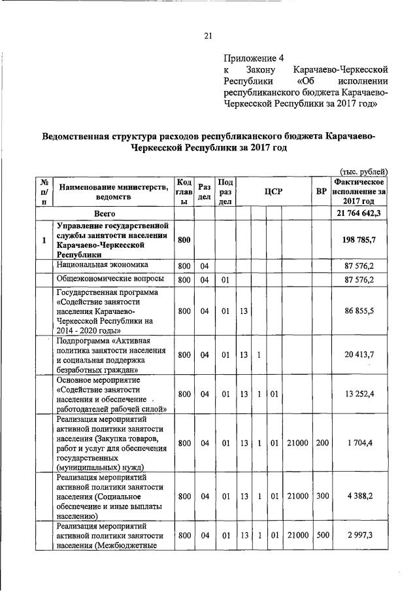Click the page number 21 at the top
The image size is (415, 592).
[x=207, y=35]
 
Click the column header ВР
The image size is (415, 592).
[x=321, y=192]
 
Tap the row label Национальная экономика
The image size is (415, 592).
[x=102, y=265]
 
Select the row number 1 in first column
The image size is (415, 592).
[x=43, y=240]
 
